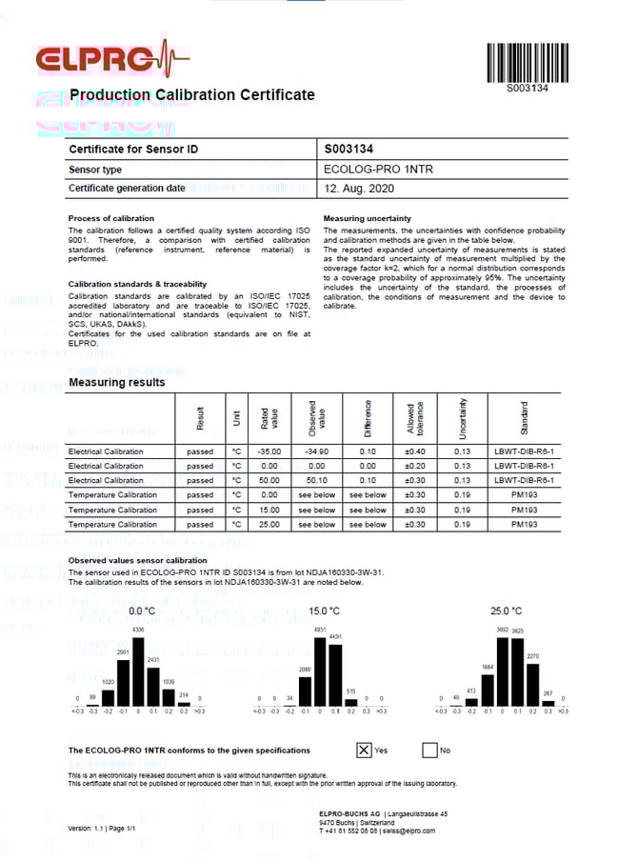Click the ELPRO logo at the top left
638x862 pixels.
point(111,60)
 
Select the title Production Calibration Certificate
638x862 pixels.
point(191,94)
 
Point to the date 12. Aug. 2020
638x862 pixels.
point(357,189)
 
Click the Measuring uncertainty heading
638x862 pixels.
point(368,218)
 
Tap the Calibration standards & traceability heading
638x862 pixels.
point(137,284)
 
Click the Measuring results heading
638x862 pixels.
point(116,382)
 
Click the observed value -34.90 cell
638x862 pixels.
point(316,451)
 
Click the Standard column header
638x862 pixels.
point(524,418)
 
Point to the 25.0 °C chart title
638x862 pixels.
point(506,611)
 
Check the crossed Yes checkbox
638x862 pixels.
point(364,750)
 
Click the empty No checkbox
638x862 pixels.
point(429,750)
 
